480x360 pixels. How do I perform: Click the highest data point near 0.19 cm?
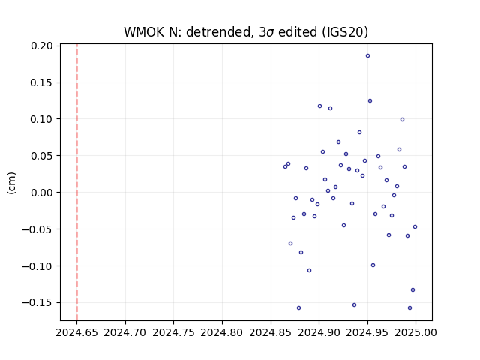(367, 56)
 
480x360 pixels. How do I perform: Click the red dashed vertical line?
(77, 182)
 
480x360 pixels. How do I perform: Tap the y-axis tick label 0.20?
(41, 46)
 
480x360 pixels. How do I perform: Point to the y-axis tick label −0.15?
(37, 302)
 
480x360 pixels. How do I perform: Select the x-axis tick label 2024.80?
(222, 332)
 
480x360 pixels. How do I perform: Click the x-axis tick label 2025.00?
(415, 332)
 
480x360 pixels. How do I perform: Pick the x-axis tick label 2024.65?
(76, 332)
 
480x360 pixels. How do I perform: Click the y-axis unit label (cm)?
(12, 183)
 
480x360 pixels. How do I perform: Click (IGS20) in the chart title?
(345, 32)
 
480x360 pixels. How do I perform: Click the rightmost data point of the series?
(415, 226)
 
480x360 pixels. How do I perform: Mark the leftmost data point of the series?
(285, 166)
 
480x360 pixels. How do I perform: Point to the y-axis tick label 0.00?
(41, 193)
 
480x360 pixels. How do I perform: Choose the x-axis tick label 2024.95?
(367, 332)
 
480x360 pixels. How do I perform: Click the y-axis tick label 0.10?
(41, 119)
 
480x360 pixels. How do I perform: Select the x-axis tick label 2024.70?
(125, 332)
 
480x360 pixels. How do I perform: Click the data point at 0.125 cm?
(370, 101)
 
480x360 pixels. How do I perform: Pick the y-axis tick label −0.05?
(37, 229)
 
